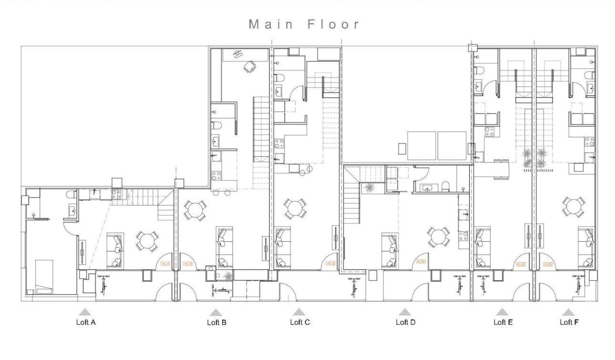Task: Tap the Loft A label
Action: point(86,322)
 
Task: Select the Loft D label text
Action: point(405,322)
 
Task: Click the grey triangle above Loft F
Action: point(567,312)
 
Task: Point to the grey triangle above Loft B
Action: point(216,312)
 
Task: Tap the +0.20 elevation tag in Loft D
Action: point(420,261)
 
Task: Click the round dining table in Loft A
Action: point(147,241)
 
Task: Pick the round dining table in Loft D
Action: point(438,236)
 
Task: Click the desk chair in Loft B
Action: point(249,68)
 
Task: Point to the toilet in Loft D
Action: point(445,186)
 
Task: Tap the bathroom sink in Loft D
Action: point(426,188)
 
